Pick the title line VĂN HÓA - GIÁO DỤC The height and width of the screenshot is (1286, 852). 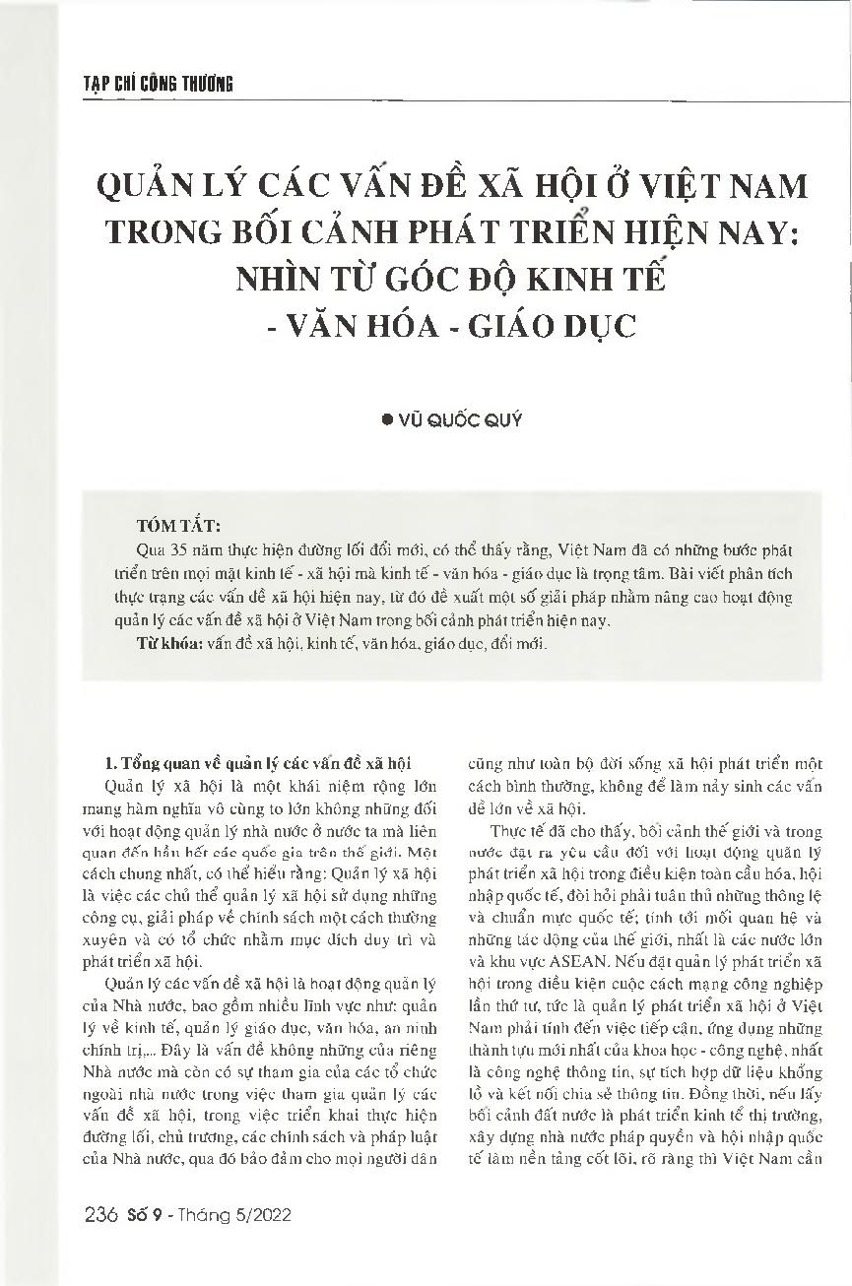click(462, 325)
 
